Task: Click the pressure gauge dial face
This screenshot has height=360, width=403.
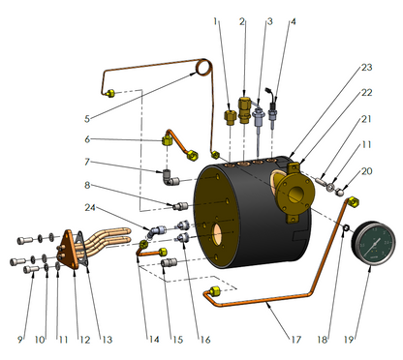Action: (x=374, y=244)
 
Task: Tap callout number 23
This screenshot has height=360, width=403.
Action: (x=366, y=68)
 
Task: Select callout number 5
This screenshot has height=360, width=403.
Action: (x=87, y=119)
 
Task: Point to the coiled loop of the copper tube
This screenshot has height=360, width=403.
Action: (x=203, y=67)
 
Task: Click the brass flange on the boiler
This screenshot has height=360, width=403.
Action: (x=294, y=195)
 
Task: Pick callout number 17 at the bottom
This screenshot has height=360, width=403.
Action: (x=296, y=340)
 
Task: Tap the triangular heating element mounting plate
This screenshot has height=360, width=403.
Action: (x=70, y=250)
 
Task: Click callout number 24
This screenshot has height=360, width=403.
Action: (x=90, y=207)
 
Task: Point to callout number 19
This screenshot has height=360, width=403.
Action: (x=349, y=340)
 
